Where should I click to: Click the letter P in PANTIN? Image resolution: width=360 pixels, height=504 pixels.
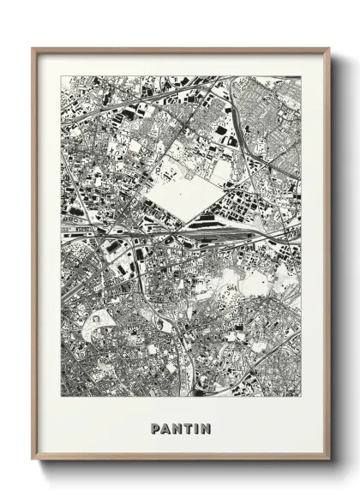[x=155, y=429]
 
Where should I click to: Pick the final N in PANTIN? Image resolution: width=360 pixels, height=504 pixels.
[x=207, y=429]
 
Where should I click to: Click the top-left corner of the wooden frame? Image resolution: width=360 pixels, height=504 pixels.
[x=32, y=48]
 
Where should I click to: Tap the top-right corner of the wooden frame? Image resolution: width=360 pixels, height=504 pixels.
[x=329, y=48]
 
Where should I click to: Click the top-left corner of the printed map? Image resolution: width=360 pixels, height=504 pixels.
[x=61, y=76]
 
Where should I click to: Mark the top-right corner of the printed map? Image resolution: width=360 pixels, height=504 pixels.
[x=301, y=76]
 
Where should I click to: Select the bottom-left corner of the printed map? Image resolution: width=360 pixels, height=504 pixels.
[x=61, y=397]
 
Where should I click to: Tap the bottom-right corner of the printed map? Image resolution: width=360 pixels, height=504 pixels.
[x=301, y=397]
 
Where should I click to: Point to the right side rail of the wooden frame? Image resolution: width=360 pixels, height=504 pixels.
[x=327, y=257]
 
